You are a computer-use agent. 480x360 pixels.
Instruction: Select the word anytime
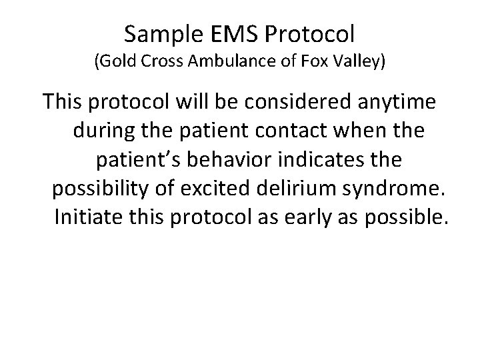coord(397,103)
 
